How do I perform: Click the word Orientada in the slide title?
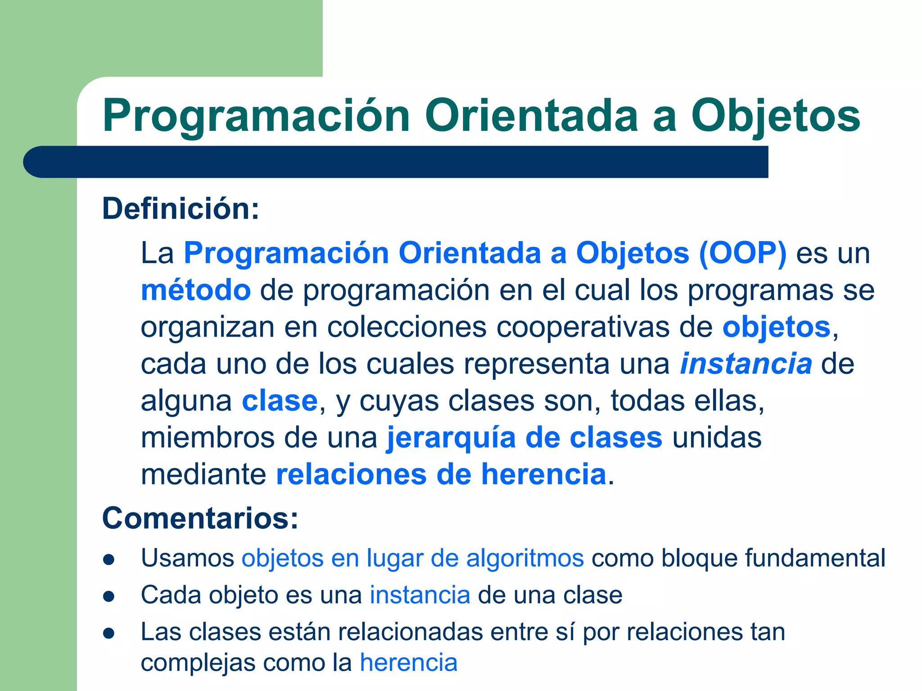tap(531, 116)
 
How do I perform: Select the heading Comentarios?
tap(200, 518)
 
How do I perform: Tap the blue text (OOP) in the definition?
tap(743, 253)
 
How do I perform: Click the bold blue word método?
tap(196, 290)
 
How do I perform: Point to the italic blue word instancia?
tap(746, 363)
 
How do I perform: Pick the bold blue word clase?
tap(280, 401)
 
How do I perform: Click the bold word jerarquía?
tap(451, 438)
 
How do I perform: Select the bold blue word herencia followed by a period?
tap(543, 474)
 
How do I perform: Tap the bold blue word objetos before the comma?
tap(776, 327)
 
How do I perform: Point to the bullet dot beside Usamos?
tap(109, 560)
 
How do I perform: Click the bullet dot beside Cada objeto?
tap(109, 597)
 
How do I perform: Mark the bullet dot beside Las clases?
tap(109, 633)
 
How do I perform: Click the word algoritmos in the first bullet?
tap(525, 558)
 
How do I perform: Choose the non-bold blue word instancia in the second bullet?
tap(420, 595)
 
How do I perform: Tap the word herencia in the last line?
tap(408, 663)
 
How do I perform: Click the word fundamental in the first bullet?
tap(815, 558)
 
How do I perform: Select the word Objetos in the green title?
tap(775, 116)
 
